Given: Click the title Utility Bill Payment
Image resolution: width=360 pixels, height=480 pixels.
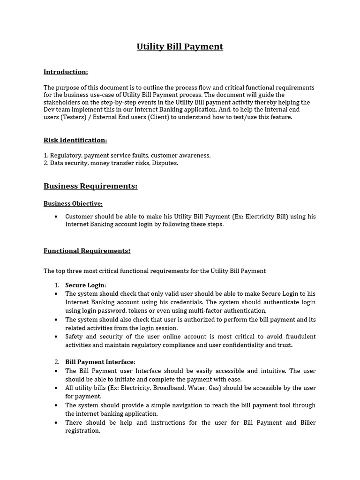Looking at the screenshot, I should (x=180, y=46).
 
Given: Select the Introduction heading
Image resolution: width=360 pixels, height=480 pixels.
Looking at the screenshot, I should (x=66, y=72).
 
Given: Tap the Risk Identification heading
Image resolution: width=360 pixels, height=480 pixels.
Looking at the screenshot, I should (x=75, y=140).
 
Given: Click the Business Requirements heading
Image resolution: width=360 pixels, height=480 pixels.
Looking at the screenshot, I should (x=90, y=186).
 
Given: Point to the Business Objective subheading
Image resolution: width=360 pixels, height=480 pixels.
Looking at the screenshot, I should (x=73, y=203).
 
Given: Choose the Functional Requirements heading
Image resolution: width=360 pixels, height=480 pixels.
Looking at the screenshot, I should (x=87, y=251).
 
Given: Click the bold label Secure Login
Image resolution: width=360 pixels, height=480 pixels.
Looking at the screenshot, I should (x=85, y=285).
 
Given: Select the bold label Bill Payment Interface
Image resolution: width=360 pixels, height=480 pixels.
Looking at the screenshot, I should (x=99, y=362).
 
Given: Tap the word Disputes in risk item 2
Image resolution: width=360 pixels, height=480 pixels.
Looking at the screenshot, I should (x=165, y=163).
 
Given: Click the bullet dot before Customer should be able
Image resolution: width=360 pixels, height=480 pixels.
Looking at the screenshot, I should (x=56, y=217).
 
